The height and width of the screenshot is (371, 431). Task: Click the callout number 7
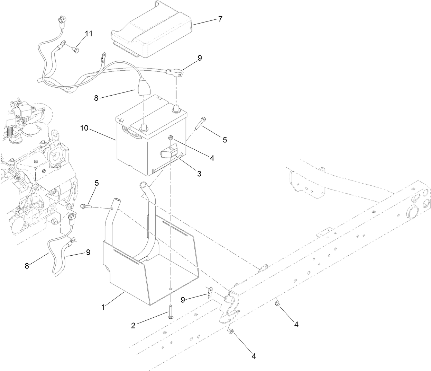coord(220,19)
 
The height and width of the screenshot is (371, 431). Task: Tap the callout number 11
coord(89,34)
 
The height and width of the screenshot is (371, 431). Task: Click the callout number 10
coord(84,128)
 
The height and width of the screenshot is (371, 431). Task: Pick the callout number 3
coord(199,174)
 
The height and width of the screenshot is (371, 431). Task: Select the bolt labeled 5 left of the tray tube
coord(85,206)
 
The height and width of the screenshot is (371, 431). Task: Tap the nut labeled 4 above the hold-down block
coord(171,138)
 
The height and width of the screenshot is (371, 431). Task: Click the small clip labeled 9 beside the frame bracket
coord(209,293)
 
